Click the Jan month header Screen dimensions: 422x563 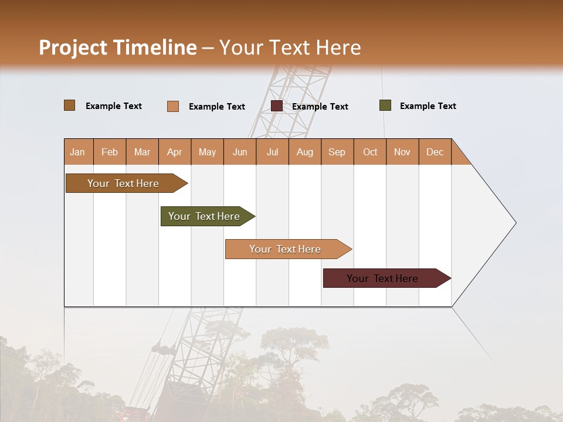click(77, 152)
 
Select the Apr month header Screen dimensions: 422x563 click(174, 152)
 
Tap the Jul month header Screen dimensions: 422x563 click(272, 152)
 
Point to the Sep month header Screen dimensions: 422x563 click(337, 152)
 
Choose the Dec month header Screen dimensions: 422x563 click(435, 152)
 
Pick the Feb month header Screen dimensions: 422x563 click(110, 152)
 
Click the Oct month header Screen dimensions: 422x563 click(370, 152)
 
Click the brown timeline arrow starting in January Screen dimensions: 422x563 click(123, 183)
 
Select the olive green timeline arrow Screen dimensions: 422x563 click(204, 216)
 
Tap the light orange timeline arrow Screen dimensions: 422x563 click(285, 249)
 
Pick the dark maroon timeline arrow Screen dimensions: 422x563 click(382, 278)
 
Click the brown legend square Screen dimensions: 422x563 click(70, 105)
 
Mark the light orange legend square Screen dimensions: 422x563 click(173, 106)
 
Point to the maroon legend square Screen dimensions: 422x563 click(277, 106)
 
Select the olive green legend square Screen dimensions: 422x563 click(385, 105)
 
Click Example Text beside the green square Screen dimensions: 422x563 click(428, 106)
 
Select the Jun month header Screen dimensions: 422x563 click(240, 152)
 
